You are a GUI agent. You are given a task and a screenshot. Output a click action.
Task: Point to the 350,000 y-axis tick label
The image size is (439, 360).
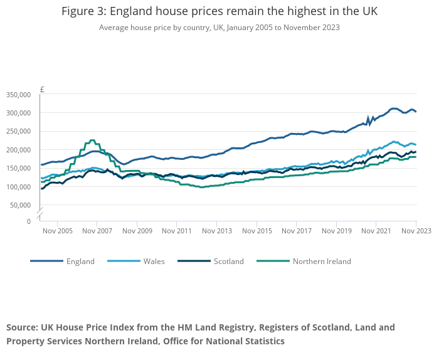(x=19, y=95)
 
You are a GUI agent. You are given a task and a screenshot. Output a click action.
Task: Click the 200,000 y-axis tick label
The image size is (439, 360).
(x=19, y=150)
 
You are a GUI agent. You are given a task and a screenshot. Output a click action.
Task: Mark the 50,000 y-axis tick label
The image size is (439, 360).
(x=21, y=205)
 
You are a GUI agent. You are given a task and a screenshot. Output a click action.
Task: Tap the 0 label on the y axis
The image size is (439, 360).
(x=29, y=221)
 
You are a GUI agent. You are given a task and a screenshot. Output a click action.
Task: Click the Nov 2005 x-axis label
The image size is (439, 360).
(x=57, y=231)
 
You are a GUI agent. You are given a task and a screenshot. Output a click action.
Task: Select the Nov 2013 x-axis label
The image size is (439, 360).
(x=216, y=231)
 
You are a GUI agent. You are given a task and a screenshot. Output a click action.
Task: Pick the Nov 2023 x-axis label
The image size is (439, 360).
(x=416, y=231)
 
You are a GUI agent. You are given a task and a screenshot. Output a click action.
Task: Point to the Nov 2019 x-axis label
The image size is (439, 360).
(x=336, y=231)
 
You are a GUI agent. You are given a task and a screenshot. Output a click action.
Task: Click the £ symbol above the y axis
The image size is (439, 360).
(x=42, y=90)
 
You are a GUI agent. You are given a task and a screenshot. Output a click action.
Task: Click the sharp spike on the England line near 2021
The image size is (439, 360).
(x=368, y=117)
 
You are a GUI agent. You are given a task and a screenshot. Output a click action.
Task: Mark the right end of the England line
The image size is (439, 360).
(x=416, y=112)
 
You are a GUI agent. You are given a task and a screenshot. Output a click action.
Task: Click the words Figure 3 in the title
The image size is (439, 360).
(x=84, y=12)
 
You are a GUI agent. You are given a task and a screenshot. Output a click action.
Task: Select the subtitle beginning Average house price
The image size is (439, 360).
(x=219, y=28)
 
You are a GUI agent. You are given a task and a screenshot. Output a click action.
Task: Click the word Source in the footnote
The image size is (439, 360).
(x=22, y=327)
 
